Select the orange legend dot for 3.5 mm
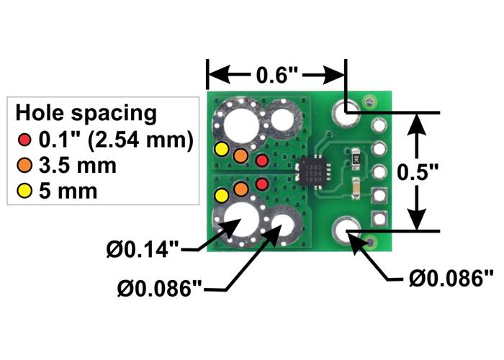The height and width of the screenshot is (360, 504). pos(26,166)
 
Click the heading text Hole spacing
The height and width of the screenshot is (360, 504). pos(86,113)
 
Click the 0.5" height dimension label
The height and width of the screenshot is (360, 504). pos(422,172)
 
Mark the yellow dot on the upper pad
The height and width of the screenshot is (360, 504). pos(222,149)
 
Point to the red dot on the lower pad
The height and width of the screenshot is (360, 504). pos(262,184)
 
